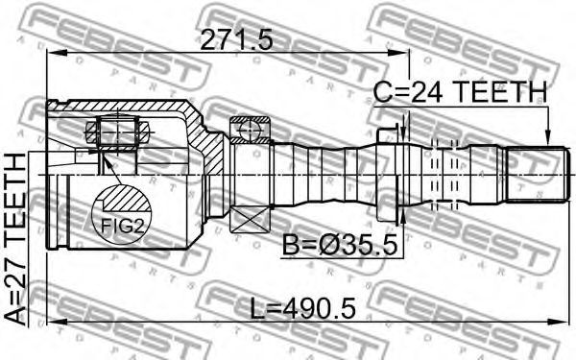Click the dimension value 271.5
tap(236, 39)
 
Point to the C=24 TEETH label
tap(460, 91)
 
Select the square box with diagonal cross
tap(250, 219)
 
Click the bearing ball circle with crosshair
tap(250, 130)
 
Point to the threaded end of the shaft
tap(538, 174)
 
